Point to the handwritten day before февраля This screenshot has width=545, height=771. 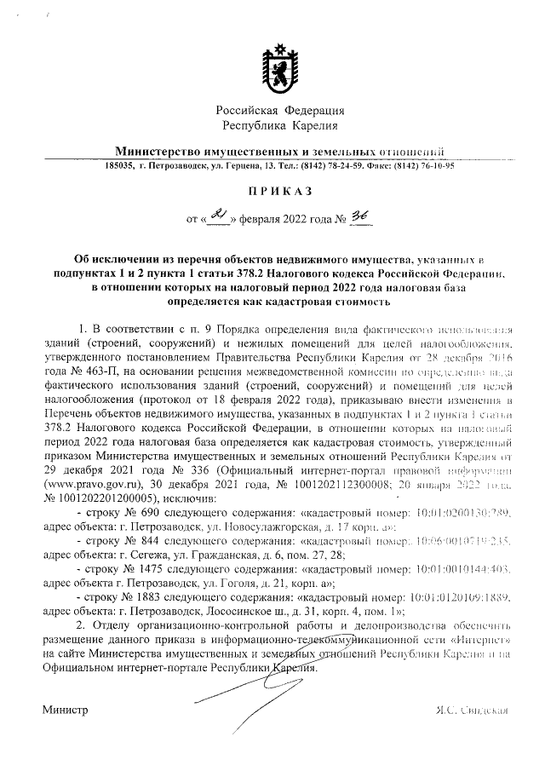tap(219, 218)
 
